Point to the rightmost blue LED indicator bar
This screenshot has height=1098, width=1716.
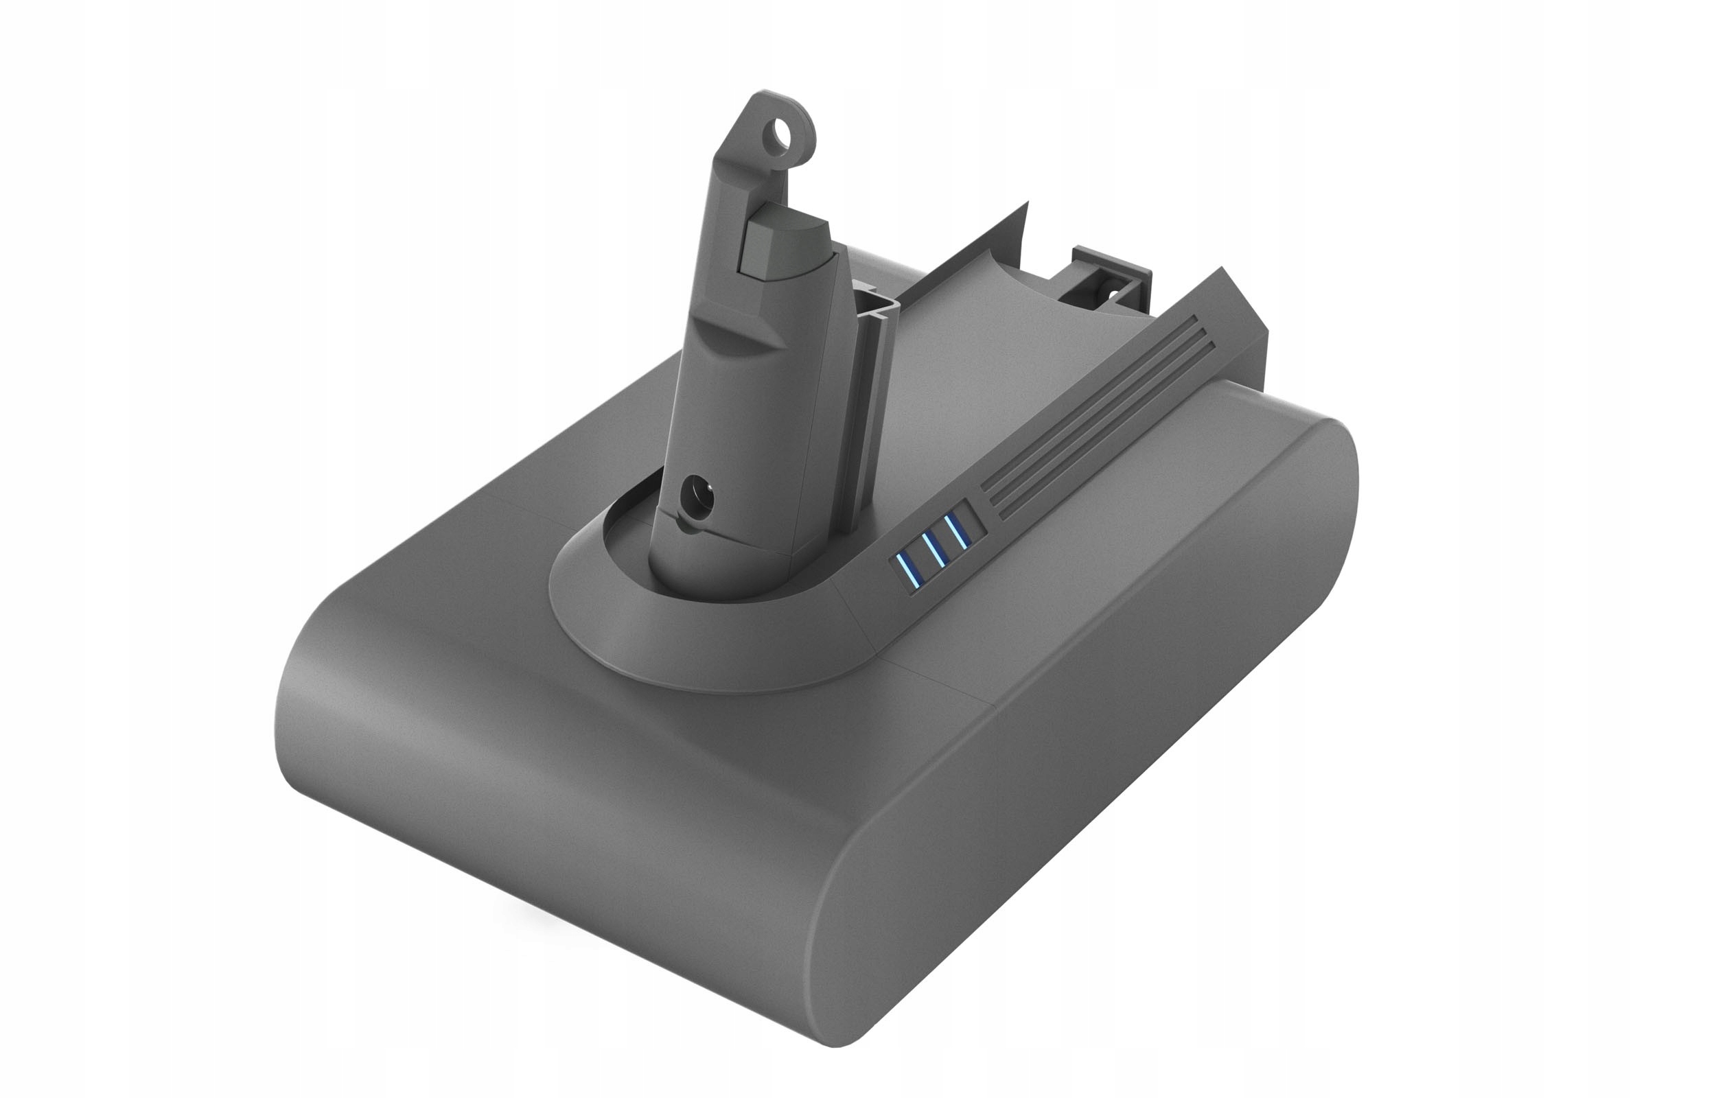coord(958,532)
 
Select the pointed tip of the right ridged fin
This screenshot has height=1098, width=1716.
coord(1220,271)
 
